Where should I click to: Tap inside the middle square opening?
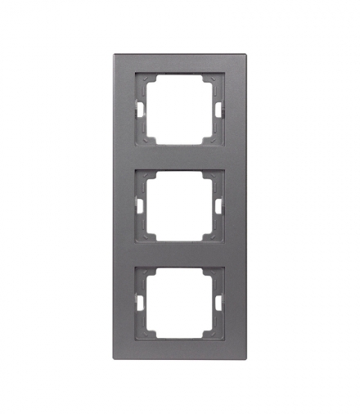(180, 205)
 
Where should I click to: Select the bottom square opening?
(180, 302)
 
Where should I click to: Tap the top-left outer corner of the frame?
(115, 55)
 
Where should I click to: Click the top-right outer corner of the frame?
(245, 55)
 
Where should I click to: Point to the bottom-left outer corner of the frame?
(115, 358)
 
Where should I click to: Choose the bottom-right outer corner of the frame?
(245, 358)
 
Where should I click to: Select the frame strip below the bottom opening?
(180, 349)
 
